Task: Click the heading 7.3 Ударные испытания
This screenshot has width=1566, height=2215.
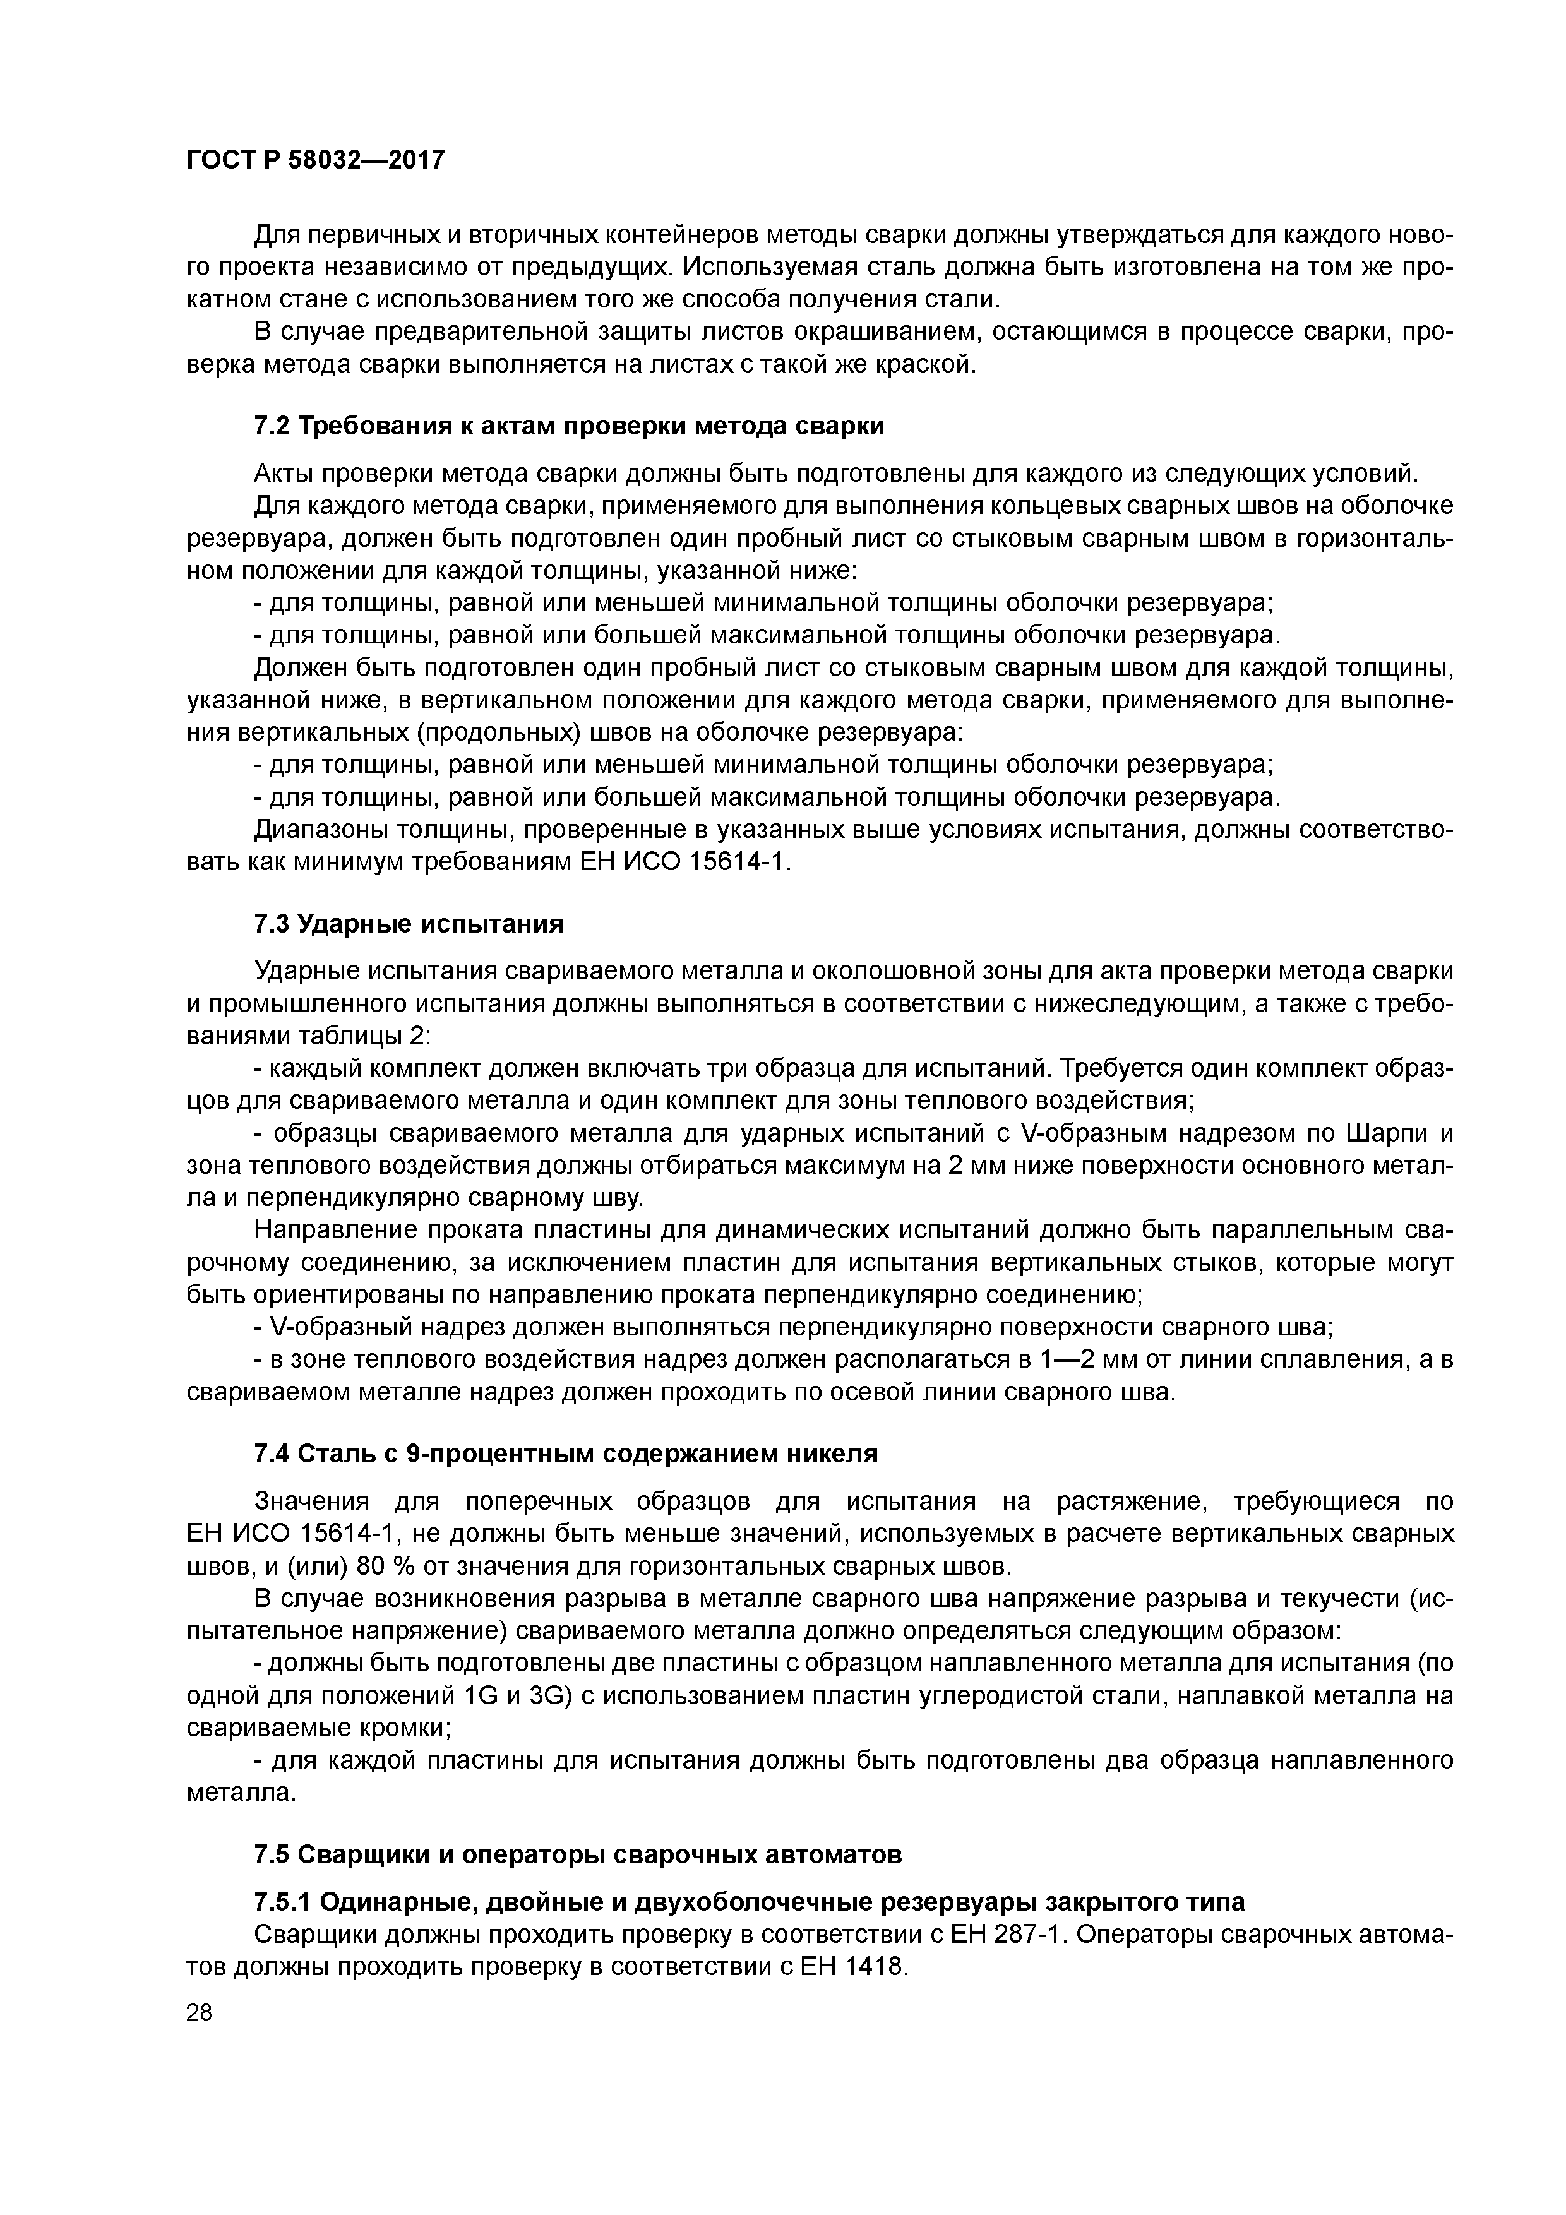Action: click(408, 924)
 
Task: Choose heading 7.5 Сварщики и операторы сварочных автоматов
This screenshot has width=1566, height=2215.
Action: click(577, 1854)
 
